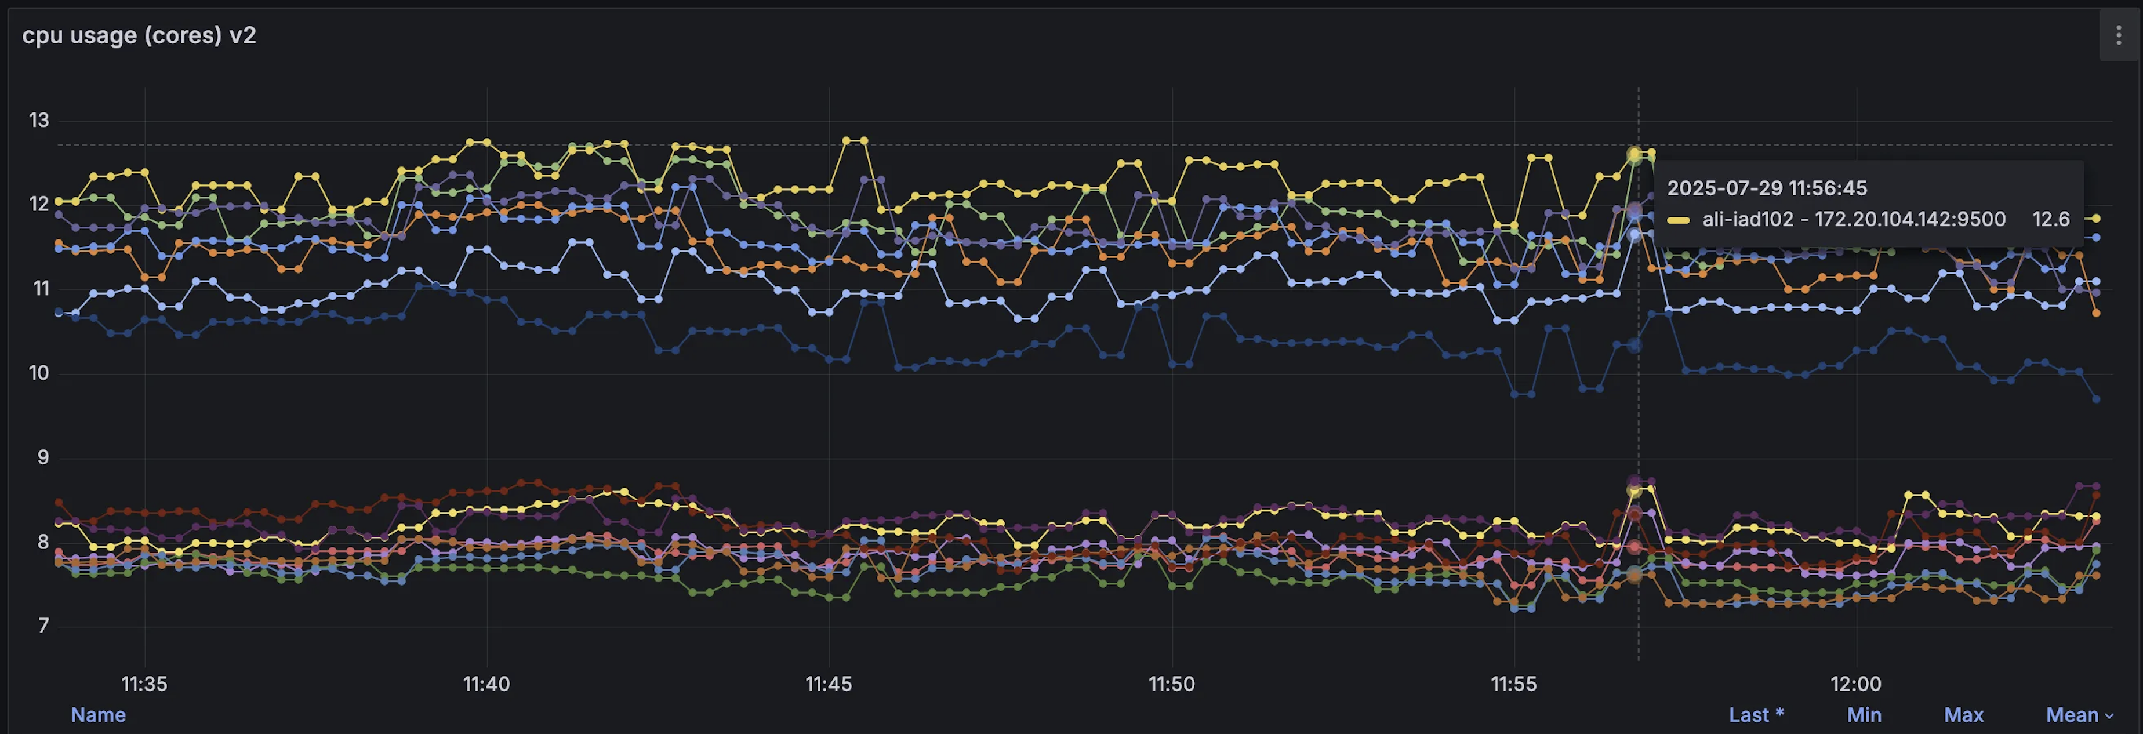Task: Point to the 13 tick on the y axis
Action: (x=39, y=121)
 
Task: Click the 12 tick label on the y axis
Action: (x=39, y=205)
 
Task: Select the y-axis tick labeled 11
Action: (x=41, y=289)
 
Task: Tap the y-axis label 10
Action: (x=39, y=373)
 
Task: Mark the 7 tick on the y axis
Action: (x=43, y=626)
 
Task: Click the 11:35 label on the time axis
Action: (x=145, y=684)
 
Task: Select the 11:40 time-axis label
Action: (x=486, y=684)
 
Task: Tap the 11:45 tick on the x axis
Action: (x=829, y=684)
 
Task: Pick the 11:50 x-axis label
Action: (x=1171, y=684)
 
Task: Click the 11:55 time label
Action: (x=1513, y=684)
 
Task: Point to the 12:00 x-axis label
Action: (x=1855, y=684)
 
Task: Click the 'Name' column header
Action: (x=98, y=715)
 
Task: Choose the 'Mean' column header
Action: (x=2072, y=715)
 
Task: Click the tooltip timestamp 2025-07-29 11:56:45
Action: (x=1767, y=188)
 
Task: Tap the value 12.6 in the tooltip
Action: (x=2051, y=219)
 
